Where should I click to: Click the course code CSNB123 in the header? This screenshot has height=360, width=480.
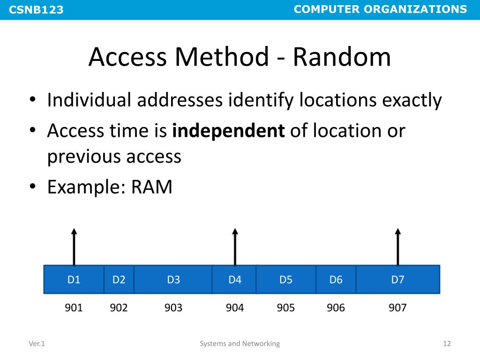(36, 10)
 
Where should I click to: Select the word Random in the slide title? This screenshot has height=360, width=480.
(342, 58)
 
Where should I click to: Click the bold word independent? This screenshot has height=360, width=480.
(229, 131)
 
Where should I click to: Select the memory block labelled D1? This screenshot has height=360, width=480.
(74, 280)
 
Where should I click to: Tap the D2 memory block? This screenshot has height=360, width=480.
(119, 280)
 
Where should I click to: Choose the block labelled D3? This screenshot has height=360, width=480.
(173, 280)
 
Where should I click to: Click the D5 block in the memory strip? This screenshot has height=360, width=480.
(286, 280)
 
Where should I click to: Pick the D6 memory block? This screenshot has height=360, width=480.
(336, 280)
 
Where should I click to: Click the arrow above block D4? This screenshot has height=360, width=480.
(235, 247)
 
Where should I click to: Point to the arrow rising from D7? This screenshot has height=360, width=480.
(398, 247)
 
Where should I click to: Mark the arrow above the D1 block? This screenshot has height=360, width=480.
(74, 247)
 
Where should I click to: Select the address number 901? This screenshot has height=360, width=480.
(74, 308)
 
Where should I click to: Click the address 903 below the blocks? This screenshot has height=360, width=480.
(173, 308)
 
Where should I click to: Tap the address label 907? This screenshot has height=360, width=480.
(398, 308)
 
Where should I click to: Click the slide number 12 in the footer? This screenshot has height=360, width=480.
(447, 344)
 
